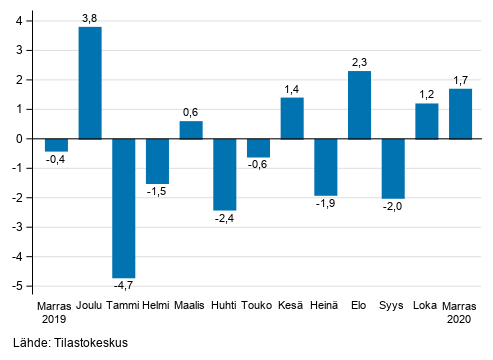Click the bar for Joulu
pos(90,83)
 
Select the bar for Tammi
pos(123,208)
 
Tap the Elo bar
pos(359,105)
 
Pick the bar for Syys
pos(393,168)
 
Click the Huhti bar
pos(224,174)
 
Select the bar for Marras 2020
pos(460,114)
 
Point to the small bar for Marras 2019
pos(56,145)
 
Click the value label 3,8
pos(90,17)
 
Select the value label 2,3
pos(359,62)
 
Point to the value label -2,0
pos(393,207)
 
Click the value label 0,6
pos(191,112)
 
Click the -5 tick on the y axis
pos(20,286)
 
